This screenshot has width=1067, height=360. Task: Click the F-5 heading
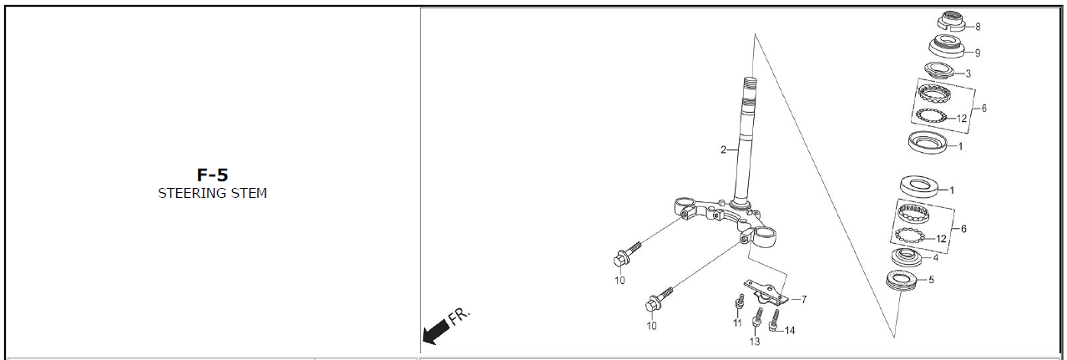click(212, 175)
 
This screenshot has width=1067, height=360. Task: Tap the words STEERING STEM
click(212, 193)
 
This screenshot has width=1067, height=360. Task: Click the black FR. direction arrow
click(436, 332)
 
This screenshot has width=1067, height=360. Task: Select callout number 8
click(978, 27)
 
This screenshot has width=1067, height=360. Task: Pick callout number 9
click(978, 53)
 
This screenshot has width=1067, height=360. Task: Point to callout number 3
click(968, 74)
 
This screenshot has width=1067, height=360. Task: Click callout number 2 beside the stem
click(723, 150)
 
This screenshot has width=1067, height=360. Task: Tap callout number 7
click(804, 300)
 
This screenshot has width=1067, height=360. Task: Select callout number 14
click(790, 331)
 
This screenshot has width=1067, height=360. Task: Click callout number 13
click(755, 342)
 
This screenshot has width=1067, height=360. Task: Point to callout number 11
click(737, 322)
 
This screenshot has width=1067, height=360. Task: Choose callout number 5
click(932, 280)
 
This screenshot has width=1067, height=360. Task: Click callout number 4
click(936, 258)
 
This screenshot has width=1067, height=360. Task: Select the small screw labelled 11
click(739, 301)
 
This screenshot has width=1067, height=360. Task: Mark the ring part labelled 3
click(940, 70)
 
